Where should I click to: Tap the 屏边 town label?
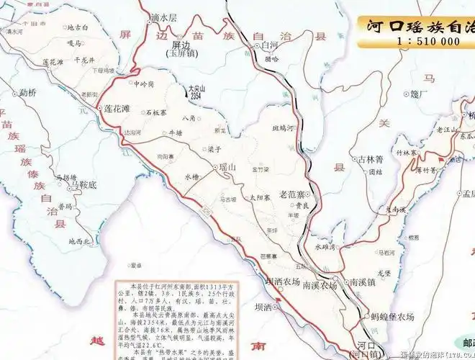182,42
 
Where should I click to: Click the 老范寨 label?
295,194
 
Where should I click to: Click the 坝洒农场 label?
281,282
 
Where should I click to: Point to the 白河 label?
270,45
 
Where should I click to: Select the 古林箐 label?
368,159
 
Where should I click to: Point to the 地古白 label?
77,28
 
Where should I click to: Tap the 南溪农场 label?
320,285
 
